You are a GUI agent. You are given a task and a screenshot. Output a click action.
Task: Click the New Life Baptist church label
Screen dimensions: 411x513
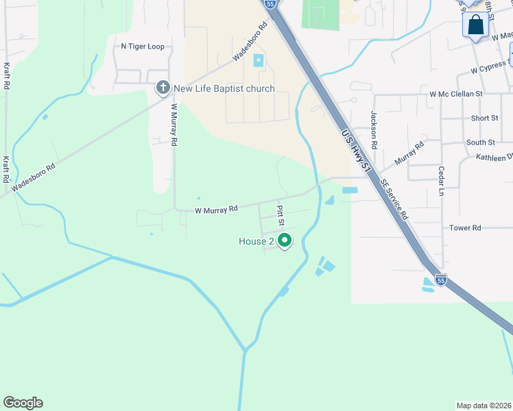tap(224, 88)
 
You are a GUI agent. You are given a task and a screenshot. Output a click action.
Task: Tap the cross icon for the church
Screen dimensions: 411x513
tap(163, 88)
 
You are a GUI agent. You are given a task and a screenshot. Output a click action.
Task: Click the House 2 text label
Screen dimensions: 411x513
tap(256, 241)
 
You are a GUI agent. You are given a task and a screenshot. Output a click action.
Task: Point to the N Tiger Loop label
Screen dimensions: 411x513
tap(143, 47)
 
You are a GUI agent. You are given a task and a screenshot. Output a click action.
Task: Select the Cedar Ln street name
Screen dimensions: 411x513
tap(442, 181)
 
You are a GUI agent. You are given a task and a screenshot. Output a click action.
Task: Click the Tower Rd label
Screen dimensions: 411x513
tap(465, 227)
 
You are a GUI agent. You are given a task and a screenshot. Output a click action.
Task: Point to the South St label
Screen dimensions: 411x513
tap(480, 142)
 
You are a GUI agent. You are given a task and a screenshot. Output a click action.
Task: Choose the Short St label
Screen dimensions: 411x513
tap(484, 118)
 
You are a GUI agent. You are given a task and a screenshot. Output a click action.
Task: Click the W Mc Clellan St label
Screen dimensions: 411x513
tap(456, 93)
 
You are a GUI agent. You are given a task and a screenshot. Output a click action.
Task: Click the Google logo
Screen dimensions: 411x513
tap(23, 403)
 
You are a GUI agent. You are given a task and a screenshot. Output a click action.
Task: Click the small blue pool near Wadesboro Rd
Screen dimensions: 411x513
tap(259, 60)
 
